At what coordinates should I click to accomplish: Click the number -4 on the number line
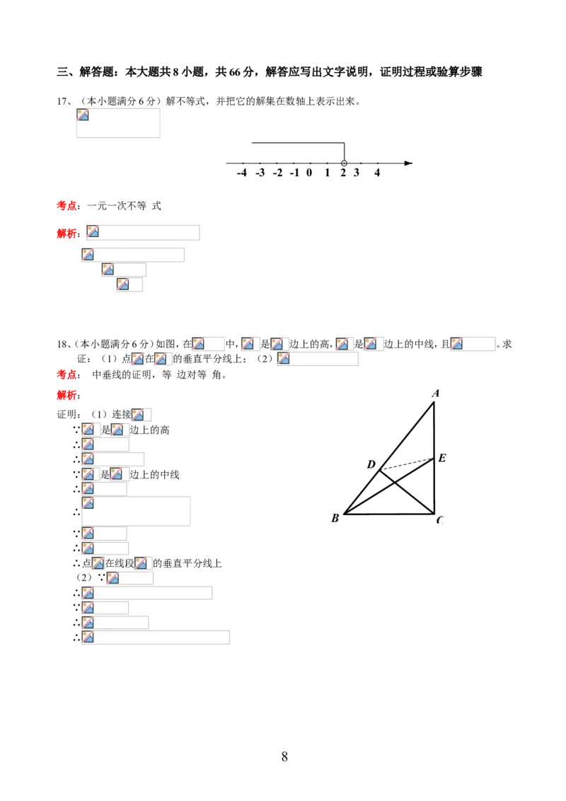point(242,173)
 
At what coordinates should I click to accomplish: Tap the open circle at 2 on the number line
point(344,163)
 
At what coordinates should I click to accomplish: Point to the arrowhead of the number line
point(408,163)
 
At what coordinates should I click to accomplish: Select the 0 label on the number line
point(309,173)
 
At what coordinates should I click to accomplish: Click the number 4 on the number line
point(377,173)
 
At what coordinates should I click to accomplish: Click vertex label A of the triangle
point(436,393)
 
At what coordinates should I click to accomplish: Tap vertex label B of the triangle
point(335,518)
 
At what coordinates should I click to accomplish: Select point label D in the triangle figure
point(371,464)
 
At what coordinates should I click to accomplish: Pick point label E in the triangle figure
point(442,458)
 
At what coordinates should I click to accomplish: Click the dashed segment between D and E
point(407,464)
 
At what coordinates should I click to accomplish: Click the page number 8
point(284,756)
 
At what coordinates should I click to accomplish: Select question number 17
point(64,101)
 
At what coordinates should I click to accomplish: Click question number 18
point(64,344)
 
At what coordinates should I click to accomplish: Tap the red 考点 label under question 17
point(67,206)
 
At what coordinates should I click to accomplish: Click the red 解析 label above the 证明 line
point(67,395)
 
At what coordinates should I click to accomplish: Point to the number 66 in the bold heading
point(235,72)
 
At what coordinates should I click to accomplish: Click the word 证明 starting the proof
point(67,414)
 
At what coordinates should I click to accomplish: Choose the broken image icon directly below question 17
point(83,115)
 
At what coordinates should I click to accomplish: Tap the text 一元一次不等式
point(124,206)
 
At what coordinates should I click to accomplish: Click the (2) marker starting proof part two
point(83,577)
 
